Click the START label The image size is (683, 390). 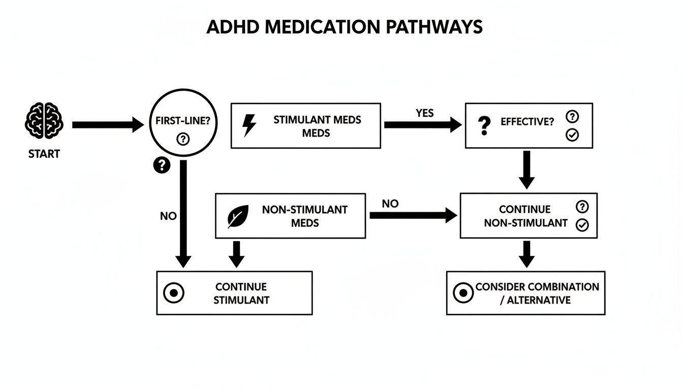[x=44, y=154]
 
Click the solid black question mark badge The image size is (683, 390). [x=162, y=165]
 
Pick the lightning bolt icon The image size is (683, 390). [x=250, y=125]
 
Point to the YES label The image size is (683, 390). [x=424, y=113]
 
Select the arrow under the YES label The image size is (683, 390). [x=422, y=125]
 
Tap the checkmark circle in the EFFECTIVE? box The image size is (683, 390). [x=572, y=135]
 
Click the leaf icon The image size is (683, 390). [x=238, y=216]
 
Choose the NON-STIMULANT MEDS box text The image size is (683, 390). [x=304, y=216]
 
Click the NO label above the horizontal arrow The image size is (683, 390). [x=390, y=204]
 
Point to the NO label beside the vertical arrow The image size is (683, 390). [x=168, y=216]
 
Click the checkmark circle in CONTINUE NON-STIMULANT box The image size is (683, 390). [x=582, y=225]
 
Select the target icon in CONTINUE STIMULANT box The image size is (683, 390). [x=174, y=293]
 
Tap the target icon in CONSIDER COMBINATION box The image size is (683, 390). [x=463, y=293]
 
